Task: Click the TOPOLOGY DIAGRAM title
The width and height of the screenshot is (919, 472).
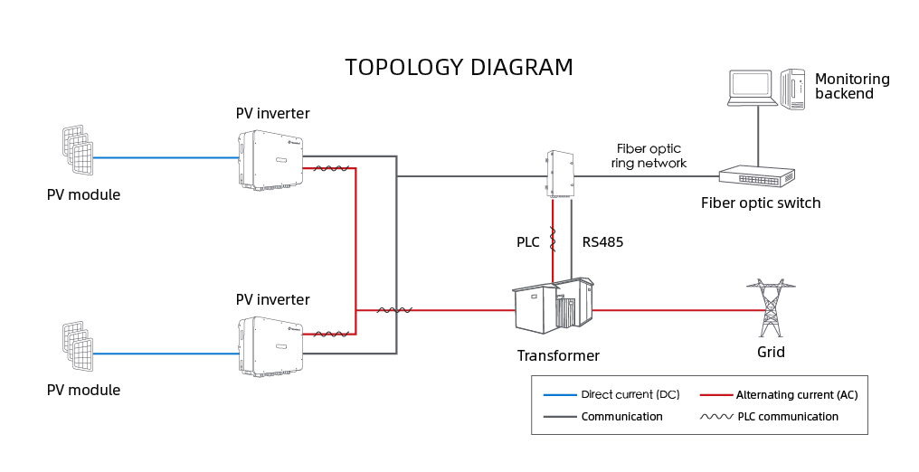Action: coord(459,68)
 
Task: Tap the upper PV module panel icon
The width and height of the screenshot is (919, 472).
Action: coord(78,150)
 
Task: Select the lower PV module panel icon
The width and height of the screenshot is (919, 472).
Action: coord(78,345)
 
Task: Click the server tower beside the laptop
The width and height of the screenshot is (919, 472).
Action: coord(793,89)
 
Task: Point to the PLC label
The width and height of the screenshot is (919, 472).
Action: coord(528,242)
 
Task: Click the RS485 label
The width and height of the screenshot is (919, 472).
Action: coord(602,242)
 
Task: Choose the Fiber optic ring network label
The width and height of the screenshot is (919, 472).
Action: coord(649,156)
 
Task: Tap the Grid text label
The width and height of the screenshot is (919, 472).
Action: coord(771,352)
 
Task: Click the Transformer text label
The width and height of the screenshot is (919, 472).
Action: coord(558,356)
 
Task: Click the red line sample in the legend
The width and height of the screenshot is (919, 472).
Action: coord(715,395)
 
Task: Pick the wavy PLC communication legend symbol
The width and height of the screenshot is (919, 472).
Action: coord(715,417)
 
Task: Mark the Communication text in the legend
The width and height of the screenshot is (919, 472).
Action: coord(621,417)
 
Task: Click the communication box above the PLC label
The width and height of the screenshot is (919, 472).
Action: coord(561,173)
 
